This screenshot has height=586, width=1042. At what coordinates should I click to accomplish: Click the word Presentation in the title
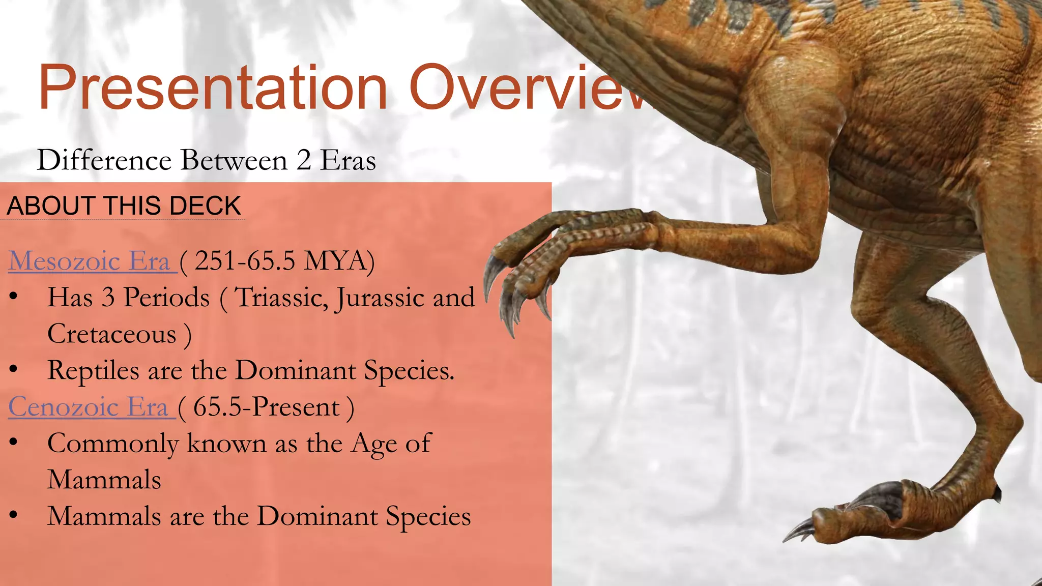click(x=213, y=87)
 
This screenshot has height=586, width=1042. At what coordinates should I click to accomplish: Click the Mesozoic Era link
click(x=90, y=261)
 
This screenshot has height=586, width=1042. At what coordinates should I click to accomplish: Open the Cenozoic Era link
click(x=89, y=407)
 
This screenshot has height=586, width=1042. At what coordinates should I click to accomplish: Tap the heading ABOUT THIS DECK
click(x=124, y=206)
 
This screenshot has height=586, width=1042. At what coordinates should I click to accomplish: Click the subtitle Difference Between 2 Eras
click(x=206, y=160)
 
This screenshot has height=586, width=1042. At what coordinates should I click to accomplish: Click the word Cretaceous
click(x=112, y=334)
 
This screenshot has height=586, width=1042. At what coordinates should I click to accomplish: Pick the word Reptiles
click(x=93, y=371)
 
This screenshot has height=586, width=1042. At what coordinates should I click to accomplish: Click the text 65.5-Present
click(x=266, y=407)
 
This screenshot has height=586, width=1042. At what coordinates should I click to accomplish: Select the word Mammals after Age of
click(x=104, y=480)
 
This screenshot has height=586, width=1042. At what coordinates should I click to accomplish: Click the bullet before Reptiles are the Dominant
click(x=14, y=370)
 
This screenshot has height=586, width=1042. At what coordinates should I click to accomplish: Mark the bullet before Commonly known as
click(x=14, y=443)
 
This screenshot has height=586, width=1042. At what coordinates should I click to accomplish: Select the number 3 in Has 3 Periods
click(x=108, y=298)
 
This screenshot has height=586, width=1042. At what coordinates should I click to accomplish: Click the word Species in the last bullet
click(x=428, y=516)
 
